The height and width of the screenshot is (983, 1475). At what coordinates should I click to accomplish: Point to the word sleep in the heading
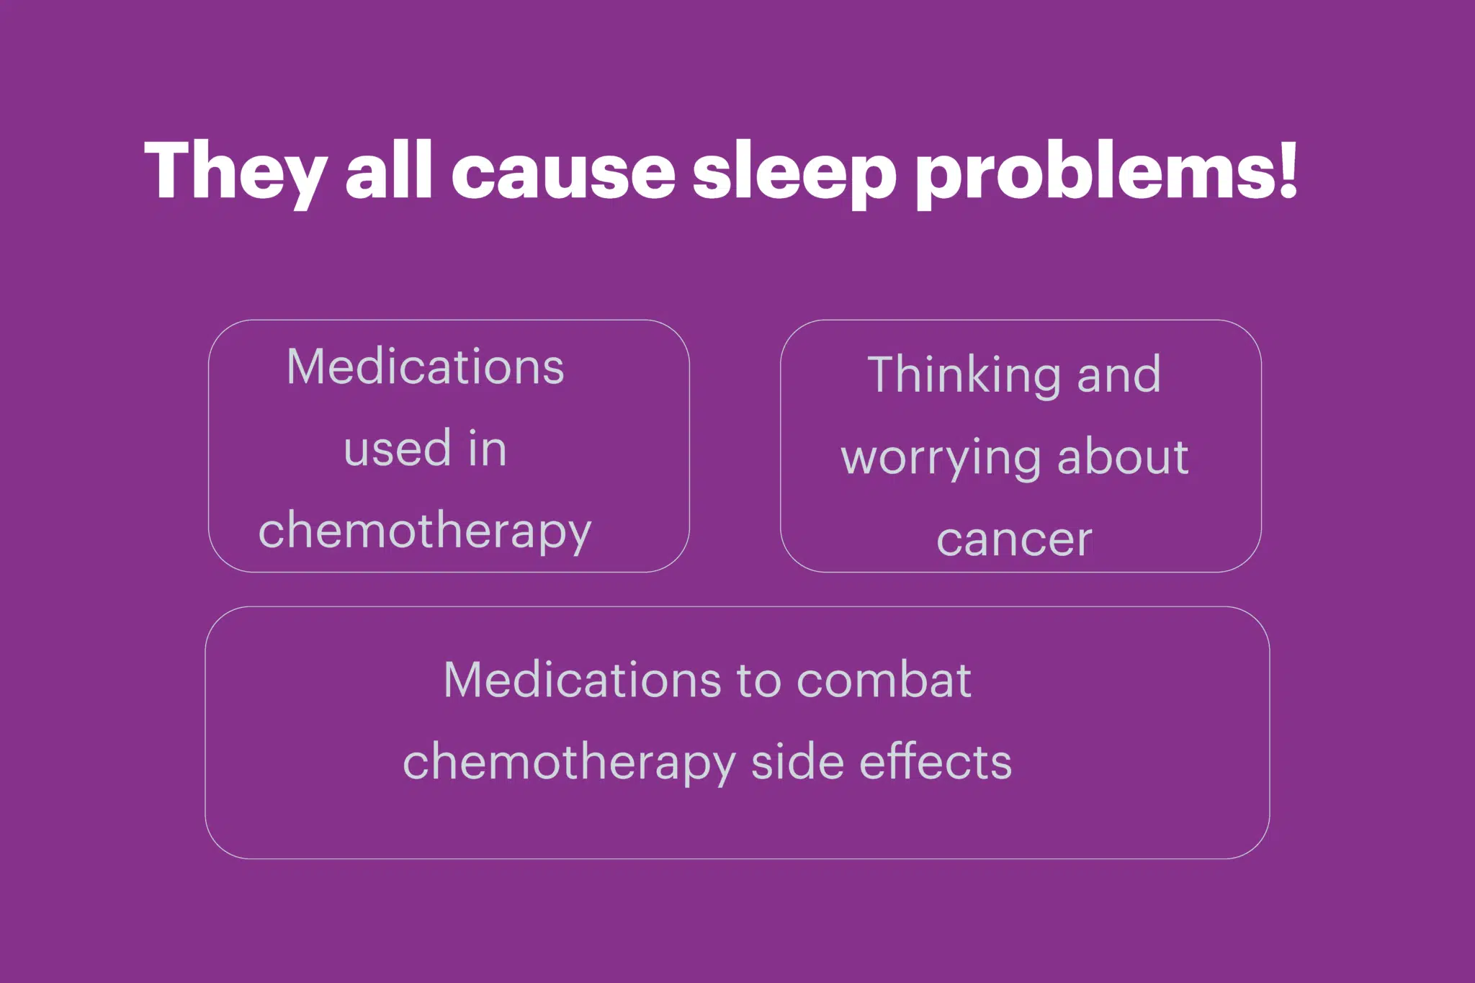[794, 174]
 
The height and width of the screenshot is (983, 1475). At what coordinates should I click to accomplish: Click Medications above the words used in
[425, 367]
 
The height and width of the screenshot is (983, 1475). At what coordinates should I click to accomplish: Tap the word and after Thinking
[1118, 374]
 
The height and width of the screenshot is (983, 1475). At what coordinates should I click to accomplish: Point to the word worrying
[941, 459]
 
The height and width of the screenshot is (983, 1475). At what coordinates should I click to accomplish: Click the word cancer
[1014, 539]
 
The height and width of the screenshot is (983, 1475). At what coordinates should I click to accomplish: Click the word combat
[884, 680]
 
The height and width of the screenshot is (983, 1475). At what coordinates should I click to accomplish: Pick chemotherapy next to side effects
[570, 763]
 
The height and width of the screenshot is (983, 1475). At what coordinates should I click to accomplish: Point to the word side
[798, 761]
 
